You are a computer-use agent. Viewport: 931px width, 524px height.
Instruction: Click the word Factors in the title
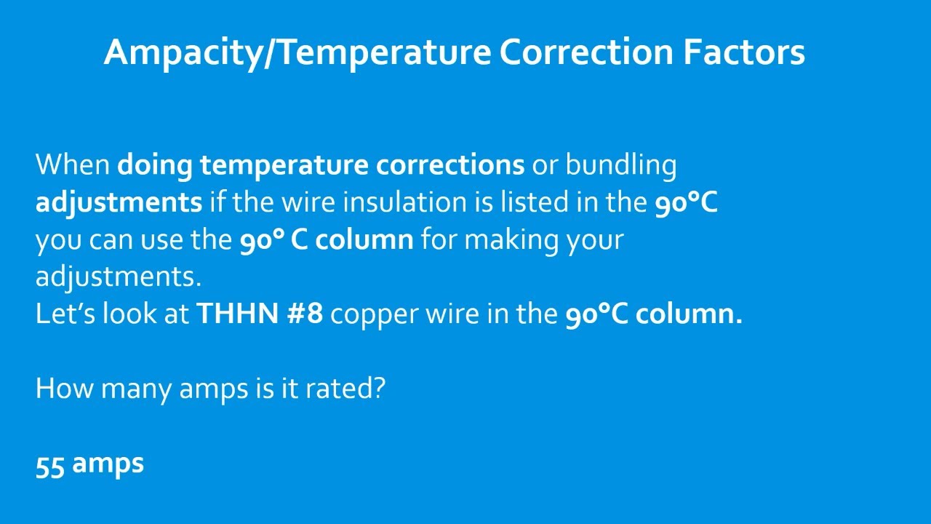click(x=744, y=52)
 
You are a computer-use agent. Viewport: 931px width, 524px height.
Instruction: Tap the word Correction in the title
click(x=586, y=52)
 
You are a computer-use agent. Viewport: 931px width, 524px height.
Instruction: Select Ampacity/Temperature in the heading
click(x=297, y=54)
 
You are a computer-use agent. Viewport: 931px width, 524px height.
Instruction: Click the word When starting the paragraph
click(x=73, y=164)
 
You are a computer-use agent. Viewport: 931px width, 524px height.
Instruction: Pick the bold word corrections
click(x=450, y=165)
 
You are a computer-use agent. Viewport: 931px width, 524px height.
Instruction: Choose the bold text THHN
click(x=237, y=314)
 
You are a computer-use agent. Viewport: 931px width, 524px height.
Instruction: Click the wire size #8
click(x=305, y=314)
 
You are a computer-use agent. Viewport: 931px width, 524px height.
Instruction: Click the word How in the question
click(x=65, y=389)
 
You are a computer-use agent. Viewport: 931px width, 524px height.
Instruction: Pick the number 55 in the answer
click(x=50, y=466)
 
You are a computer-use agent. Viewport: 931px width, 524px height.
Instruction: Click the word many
click(x=136, y=391)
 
